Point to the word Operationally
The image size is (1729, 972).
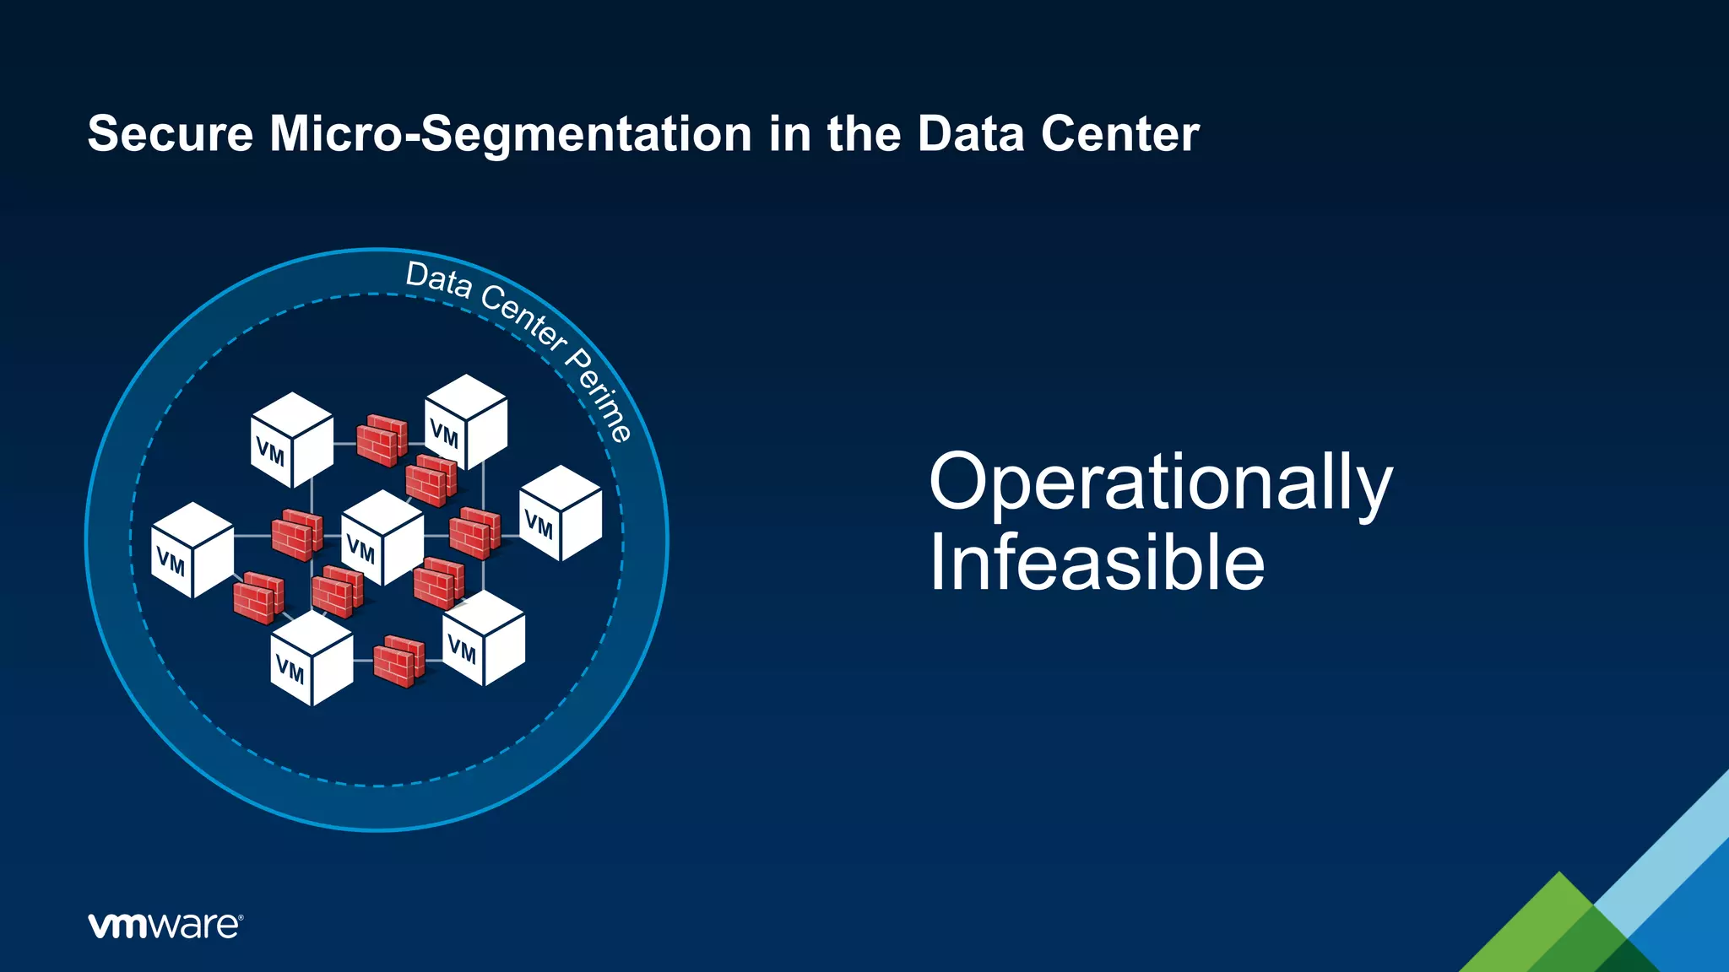point(1160,482)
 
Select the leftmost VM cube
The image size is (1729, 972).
point(192,550)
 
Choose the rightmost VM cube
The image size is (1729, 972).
point(561,513)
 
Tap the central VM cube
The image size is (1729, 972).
point(382,537)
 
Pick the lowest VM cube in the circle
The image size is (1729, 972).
point(312,658)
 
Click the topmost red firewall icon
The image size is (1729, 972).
point(382,440)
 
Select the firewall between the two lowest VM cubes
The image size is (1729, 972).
point(398,661)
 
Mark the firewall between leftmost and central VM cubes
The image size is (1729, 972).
point(296,534)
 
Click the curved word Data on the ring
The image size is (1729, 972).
point(438,280)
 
